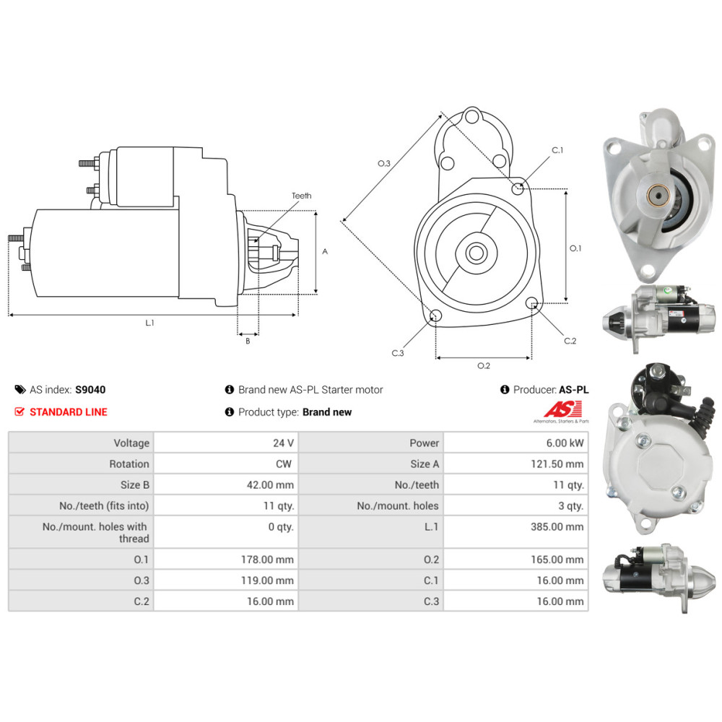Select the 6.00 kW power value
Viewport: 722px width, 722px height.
pyautogui.click(x=567, y=443)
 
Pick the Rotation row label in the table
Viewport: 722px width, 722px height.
pyautogui.click(x=129, y=464)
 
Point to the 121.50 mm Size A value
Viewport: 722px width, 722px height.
pyautogui.click(x=557, y=464)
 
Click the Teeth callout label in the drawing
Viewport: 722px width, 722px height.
pyautogui.click(x=301, y=196)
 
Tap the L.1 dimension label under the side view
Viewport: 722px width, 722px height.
pyautogui.click(x=149, y=323)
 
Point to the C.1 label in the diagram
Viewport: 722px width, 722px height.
pyautogui.click(x=557, y=150)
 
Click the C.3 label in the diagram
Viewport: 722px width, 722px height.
pyautogui.click(x=398, y=353)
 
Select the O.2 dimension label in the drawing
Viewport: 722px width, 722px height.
pyautogui.click(x=484, y=365)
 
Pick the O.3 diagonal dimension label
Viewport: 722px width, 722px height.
pyautogui.click(x=384, y=164)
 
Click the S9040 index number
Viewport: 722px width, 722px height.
pyautogui.click(x=90, y=389)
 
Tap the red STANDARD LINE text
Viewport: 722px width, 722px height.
pyautogui.click(x=68, y=412)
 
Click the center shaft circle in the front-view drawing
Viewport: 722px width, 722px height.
pyautogui.click(x=476, y=253)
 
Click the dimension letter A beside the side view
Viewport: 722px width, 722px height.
pyautogui.click(x=325, y=252)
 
